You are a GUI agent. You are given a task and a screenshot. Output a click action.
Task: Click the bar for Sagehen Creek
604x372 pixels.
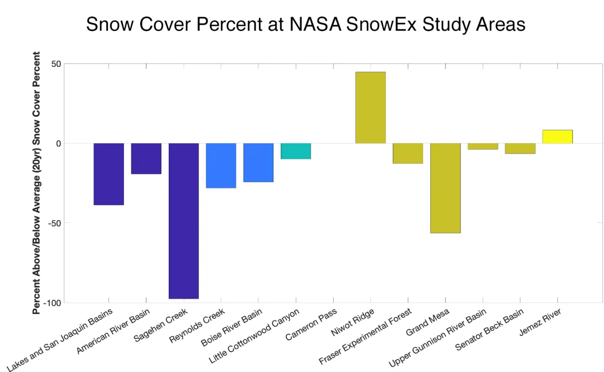pos(183,221)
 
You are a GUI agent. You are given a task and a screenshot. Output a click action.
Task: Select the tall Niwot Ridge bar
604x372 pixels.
pos(370,108)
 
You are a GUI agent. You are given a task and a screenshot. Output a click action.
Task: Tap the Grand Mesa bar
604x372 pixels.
pos(445,188)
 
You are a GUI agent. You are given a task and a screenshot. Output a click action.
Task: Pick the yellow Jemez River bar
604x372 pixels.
pos(557,137)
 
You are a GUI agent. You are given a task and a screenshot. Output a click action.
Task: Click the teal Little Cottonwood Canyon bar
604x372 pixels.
pos(296,151)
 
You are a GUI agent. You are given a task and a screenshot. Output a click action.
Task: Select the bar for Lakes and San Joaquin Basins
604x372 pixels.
pos(108,174)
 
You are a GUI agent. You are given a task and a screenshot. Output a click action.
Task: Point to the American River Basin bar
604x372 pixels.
pos(146,159)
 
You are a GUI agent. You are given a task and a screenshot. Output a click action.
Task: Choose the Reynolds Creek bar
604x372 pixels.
pos(221,165)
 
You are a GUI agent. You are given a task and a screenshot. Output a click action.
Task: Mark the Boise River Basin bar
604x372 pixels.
pos(258,163)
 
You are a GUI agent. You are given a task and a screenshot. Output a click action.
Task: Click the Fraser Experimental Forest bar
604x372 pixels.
pos(408,153)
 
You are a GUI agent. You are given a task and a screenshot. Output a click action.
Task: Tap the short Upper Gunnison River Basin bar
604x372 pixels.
pos(483,146)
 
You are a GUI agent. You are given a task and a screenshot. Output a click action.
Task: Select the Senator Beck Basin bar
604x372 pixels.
pos(520,149)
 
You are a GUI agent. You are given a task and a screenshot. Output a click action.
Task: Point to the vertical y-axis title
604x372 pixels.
pos(37,183)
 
